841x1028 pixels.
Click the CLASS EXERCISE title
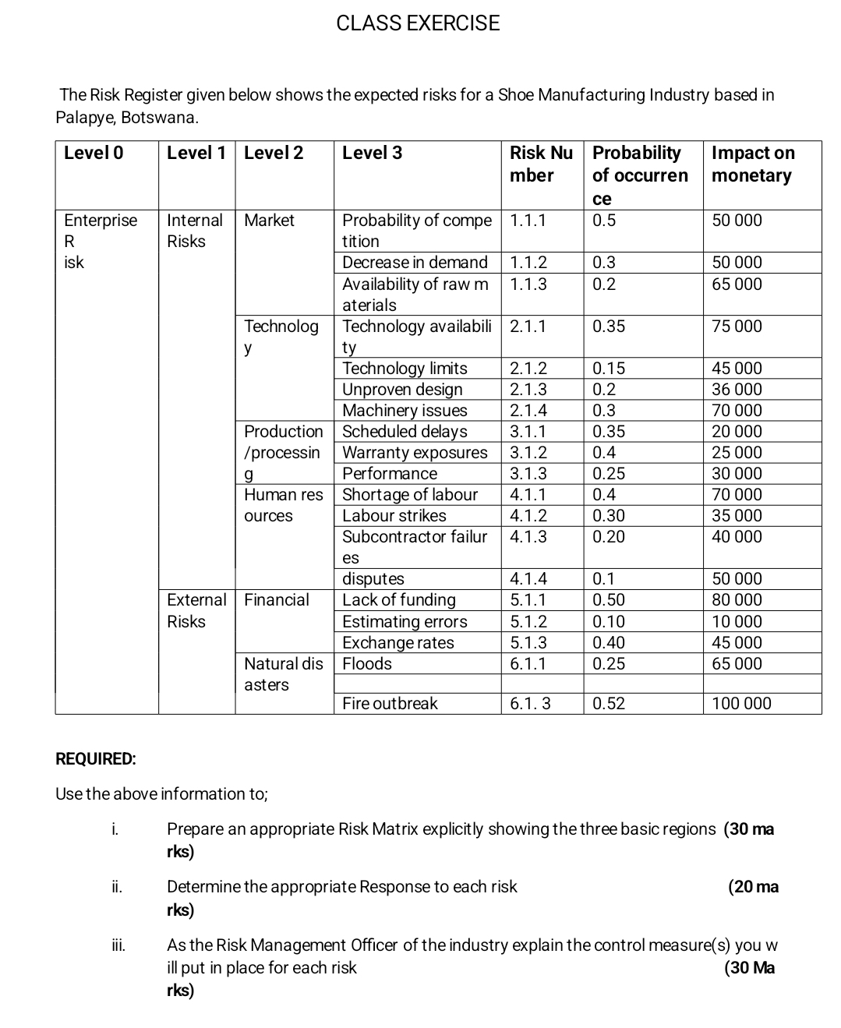click(x=418, y=23)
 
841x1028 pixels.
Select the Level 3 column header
click(x=373, y=153)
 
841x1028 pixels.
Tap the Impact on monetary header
click(x=752, y=164)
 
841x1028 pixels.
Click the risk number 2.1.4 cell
click(x=528, y=411)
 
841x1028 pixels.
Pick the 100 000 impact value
click(x=741, y=704)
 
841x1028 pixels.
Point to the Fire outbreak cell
click(x=390, y=704)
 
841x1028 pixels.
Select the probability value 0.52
click(x=609, y=704)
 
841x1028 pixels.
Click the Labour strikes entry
click(x=394, y=516)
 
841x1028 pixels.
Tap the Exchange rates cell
click(x=398, y=643)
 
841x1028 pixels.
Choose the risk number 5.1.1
click(x=528, y=600)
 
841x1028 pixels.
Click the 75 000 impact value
click(x=737, y=327)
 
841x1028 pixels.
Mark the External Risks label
click(x=196, y=610)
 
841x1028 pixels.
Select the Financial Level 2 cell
click(x=276, y=600)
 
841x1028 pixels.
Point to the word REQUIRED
click(x=95, y=759)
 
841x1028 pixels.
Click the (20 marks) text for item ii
click(x=753, y=887)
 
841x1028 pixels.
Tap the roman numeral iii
click(x=118, y=945)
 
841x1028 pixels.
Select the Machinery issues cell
click(x=405, y=411)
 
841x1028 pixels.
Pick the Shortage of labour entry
click(x=410, y=495)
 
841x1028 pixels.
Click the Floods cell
click(x=367, y=664)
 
